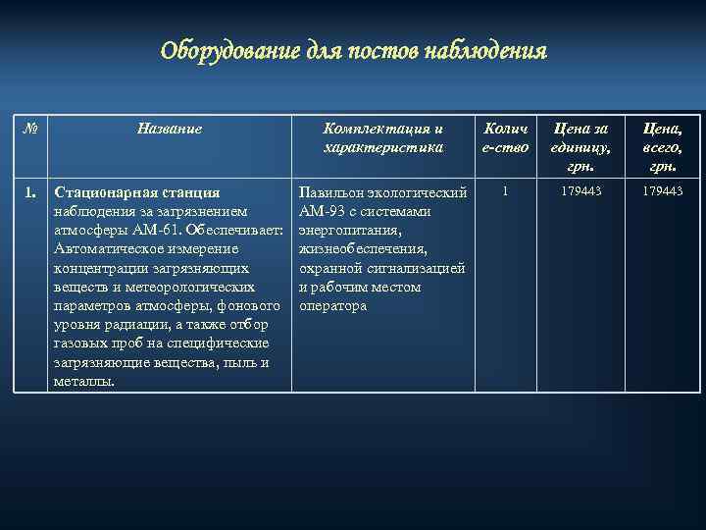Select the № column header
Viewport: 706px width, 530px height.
tap(29, 128)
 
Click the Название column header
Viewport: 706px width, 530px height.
tap(170, 129)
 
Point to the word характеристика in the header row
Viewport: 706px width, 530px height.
tap(384, 147)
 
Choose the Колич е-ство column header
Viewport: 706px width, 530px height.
tap(506, 137)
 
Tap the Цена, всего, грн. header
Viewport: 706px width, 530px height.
tap(663, 146)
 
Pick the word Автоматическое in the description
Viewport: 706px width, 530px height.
tap(108, 249)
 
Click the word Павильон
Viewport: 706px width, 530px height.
tap(332, 192)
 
